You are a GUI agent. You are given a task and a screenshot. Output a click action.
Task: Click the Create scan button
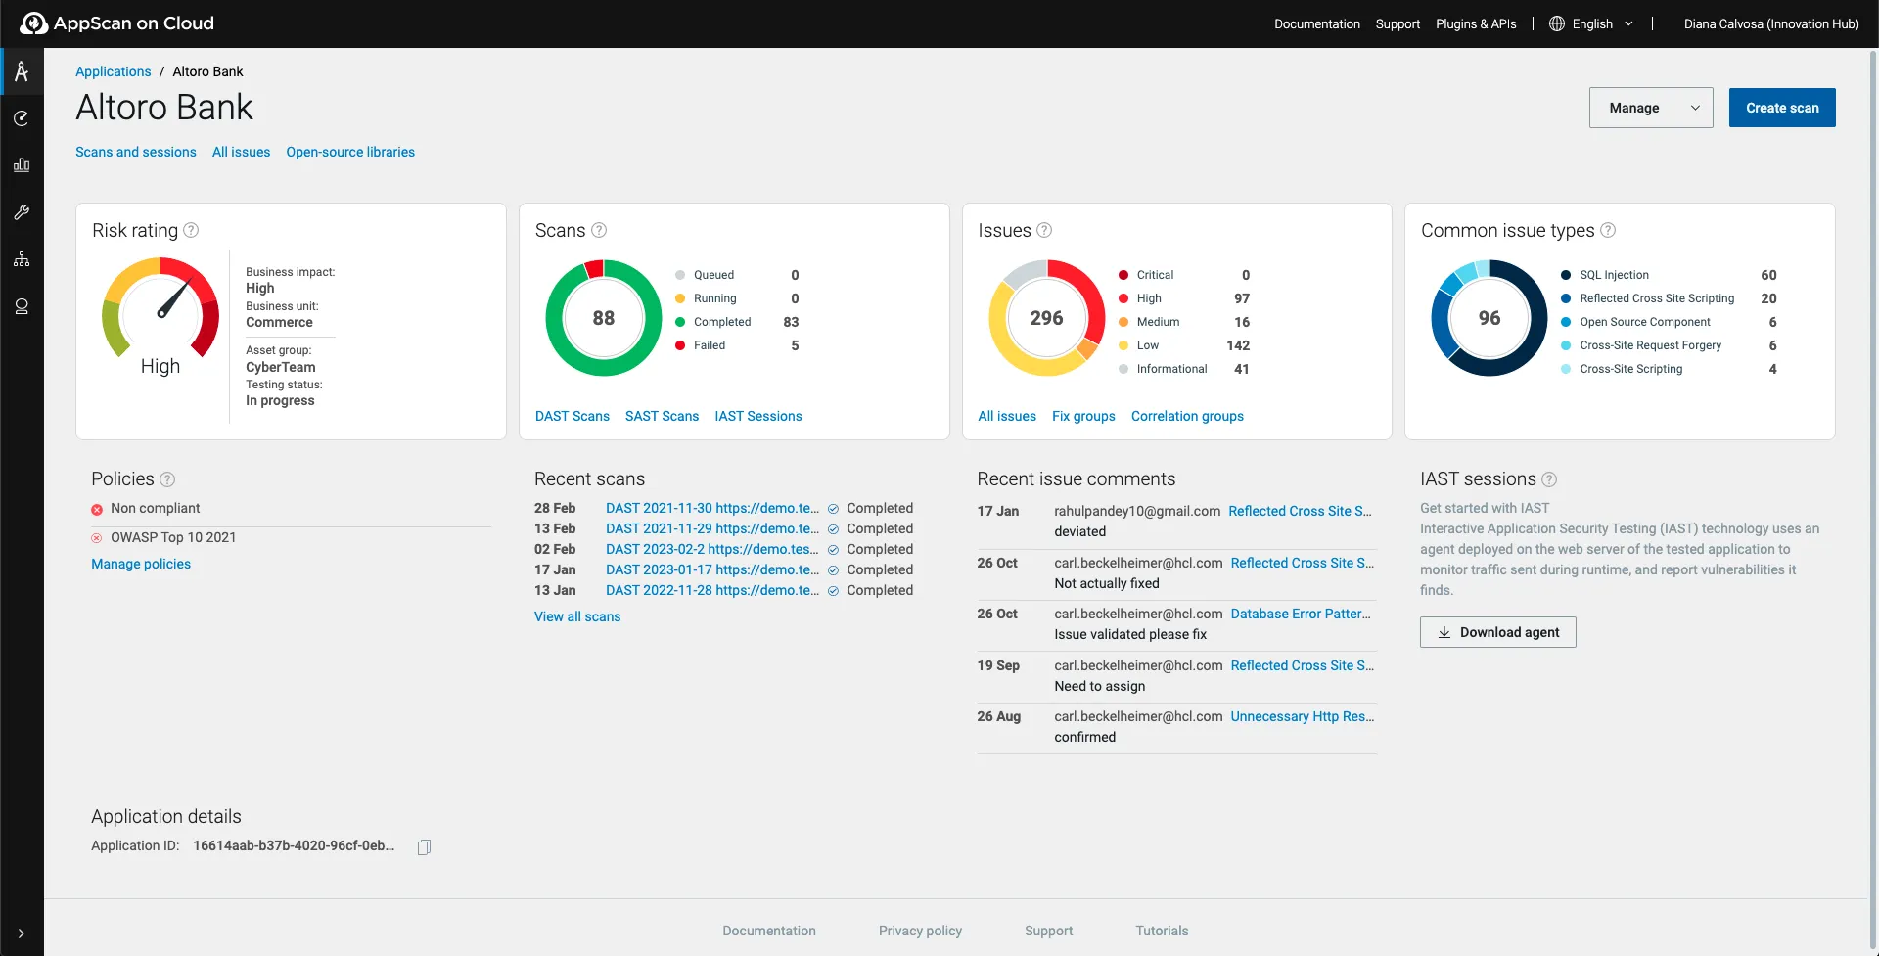(x=1781, y=108)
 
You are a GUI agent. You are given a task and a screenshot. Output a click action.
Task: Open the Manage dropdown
(x=1650, y=108)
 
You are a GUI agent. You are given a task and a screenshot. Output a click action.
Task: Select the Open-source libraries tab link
(x=350, y=152)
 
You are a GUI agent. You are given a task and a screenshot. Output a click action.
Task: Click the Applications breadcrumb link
(x=114, y=71)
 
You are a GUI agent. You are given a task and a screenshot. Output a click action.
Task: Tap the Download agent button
(x=1497, y=632)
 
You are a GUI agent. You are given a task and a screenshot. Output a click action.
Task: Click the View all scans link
(x=577, y=616)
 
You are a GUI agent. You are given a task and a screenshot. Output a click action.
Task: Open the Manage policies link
(x=141, y=564)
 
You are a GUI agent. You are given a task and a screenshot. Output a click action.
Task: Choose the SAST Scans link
(x=662, y=416)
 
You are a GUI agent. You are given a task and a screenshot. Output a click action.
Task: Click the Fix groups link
(x=1083, y=416)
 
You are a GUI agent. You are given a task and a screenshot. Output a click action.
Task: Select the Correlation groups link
(x=1187, y=416)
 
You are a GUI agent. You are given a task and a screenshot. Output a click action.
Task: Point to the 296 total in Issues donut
(x=1046, y=318)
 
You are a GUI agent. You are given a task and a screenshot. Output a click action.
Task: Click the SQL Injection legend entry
(x=1614, y=275)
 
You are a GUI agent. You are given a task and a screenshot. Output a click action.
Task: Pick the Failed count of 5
(x=795, y=345)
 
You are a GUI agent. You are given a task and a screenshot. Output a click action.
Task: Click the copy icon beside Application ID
(x=424, y=846)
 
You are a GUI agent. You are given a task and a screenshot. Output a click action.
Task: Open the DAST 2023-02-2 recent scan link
(x=712, y=549)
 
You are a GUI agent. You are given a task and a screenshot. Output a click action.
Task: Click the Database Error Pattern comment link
(x=1301, y=614)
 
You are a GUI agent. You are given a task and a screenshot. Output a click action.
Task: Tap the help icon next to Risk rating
(x=192, y=230)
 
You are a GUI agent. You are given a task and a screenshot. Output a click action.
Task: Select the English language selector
(x=1591, y=23)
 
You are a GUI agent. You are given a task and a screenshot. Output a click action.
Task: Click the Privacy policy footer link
(x=920, y=931)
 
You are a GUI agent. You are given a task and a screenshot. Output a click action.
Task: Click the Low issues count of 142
(x=1238, y=345)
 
